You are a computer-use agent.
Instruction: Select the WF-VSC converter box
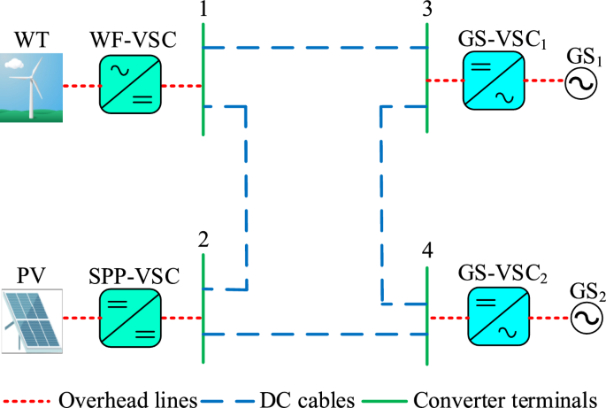coord(128,86)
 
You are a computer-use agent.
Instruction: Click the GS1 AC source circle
coord(579,81)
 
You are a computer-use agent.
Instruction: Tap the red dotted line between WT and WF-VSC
coord(80,87)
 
